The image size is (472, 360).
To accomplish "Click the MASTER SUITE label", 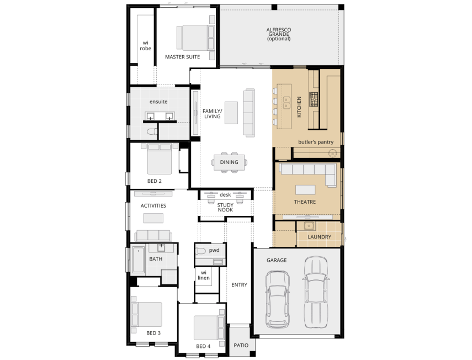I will point(182,56).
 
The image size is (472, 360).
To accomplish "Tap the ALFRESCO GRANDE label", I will point(278,34).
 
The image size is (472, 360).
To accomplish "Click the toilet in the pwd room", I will point(201,251).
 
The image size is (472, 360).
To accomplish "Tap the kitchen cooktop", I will point(314,99).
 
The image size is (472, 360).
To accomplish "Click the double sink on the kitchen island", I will point(287,102).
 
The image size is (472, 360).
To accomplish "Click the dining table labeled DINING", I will point(229,162).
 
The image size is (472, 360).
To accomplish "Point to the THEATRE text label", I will point(305,202).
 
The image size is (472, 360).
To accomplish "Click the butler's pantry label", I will point(316,142).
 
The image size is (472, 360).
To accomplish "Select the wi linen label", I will point(203,275).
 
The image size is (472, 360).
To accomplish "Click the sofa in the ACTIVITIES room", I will point(150,235).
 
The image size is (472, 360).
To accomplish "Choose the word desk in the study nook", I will point(225,194).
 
